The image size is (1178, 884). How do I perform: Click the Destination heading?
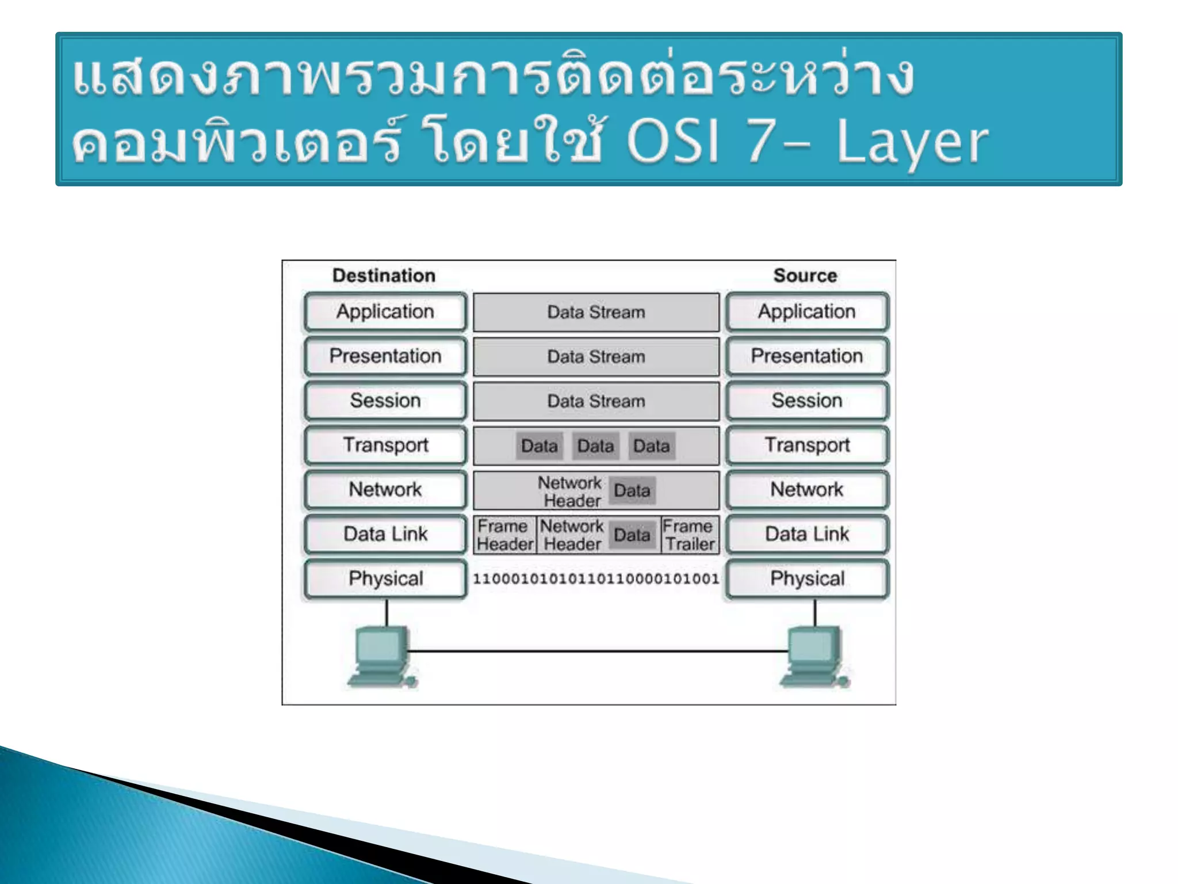tap(384, 275)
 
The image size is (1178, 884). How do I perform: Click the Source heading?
tap(805, 275)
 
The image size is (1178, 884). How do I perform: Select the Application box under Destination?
tap(385, 311)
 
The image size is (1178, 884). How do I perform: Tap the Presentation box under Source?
tap(806, 356)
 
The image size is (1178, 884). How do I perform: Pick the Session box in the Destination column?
tap(385, 400)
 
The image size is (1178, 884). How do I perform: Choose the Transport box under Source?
tap(806, 445)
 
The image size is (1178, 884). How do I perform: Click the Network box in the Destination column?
tap(385, 489)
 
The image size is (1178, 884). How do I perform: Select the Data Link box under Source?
tap(806, 534)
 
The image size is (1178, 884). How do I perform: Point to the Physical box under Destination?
tap(385, 578)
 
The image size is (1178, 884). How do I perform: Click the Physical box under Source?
tap(806, 578)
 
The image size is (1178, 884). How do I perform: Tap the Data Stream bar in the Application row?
tap(596, 312)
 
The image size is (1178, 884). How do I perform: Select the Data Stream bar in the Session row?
tap(596, 401)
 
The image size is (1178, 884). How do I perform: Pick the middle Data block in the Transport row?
tap(595, 446)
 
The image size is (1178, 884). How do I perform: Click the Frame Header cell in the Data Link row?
tap(504, 535)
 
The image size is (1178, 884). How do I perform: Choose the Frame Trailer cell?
tap(690, 535)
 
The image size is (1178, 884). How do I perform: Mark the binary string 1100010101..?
tap(596, 578)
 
